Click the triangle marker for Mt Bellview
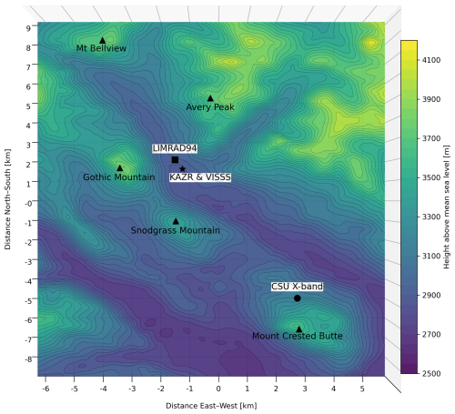103,40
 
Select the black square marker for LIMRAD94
175,159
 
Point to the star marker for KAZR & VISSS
183,168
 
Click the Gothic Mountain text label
118,177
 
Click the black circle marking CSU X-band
298,298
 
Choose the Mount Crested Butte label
298,337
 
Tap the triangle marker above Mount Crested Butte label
298,328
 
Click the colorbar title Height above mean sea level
448,206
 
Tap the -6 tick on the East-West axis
44,388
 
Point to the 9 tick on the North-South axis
28,27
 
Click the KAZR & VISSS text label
200,177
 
